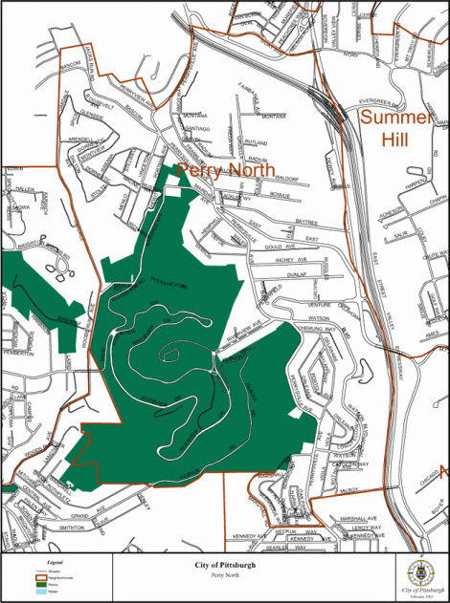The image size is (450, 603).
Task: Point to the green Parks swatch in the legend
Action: pyautogui.click(x=47, y=581)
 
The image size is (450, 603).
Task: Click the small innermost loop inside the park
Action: pyautogui.click(x=169, y=355)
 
